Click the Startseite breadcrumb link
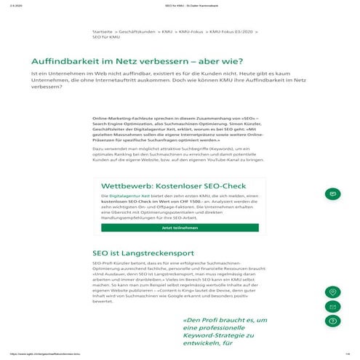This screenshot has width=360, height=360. [x=102, y=33]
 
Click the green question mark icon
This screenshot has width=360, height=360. [x=332, y=320]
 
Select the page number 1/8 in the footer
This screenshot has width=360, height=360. [x=348, y=353]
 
